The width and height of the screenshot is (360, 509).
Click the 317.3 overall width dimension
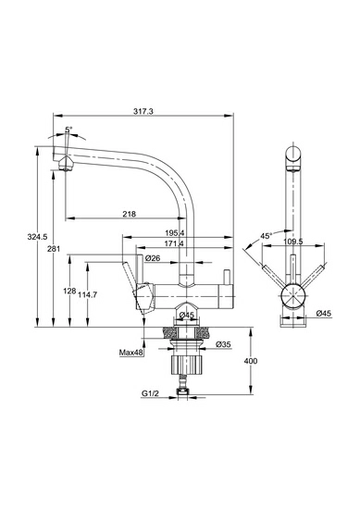pos(143,111)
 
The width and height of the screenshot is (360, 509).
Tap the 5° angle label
pos(68,130)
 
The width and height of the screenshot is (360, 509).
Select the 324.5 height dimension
pos(37,237)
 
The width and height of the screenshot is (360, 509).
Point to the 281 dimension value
pos(54,249)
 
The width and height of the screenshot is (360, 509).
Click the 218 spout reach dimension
pos(130,214)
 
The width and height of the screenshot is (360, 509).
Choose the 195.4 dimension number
pos(174,232)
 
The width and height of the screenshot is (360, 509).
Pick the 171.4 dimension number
pos(174,243)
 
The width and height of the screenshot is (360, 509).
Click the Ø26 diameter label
pos(153,258)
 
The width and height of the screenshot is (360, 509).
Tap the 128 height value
pos(69,291)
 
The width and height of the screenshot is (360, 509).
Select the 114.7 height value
pos(87,294)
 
